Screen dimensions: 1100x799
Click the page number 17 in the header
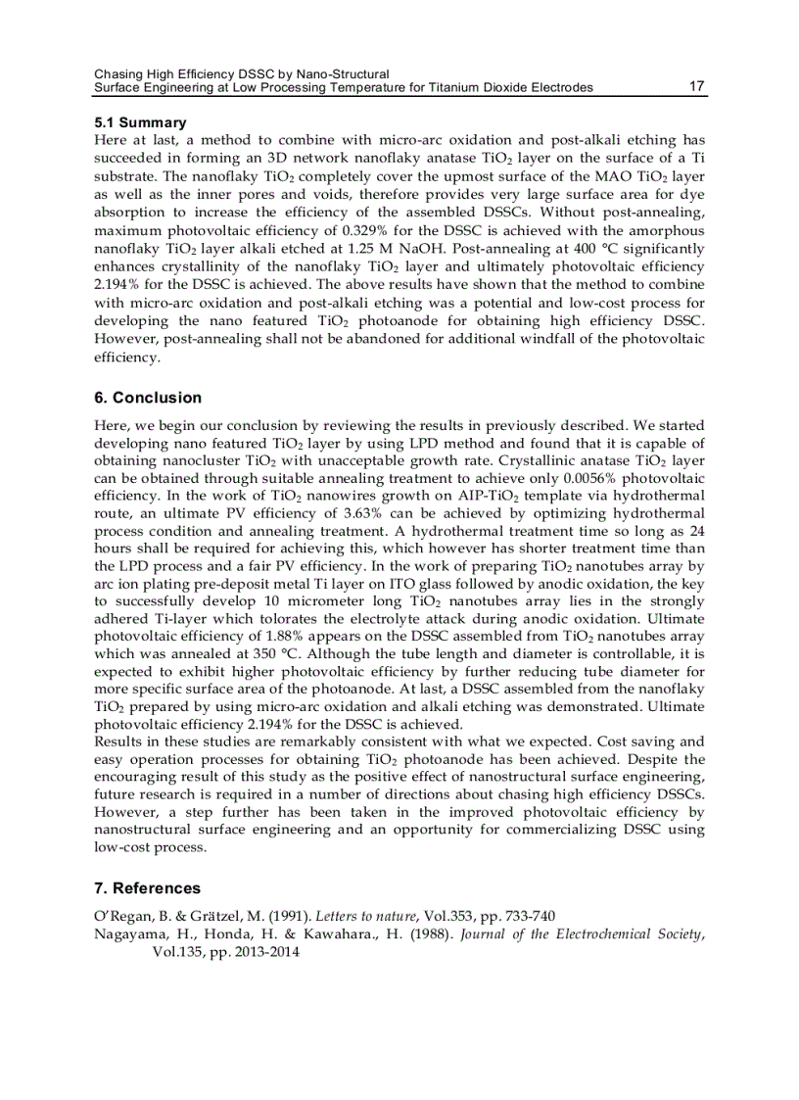[697, 86]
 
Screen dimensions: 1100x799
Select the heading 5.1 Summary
[140, 122]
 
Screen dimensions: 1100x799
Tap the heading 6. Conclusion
[148, 398]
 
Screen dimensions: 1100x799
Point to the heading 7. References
[147, 888]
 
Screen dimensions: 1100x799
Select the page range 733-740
[529, 916]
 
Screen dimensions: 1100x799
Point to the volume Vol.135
[176, 951]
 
